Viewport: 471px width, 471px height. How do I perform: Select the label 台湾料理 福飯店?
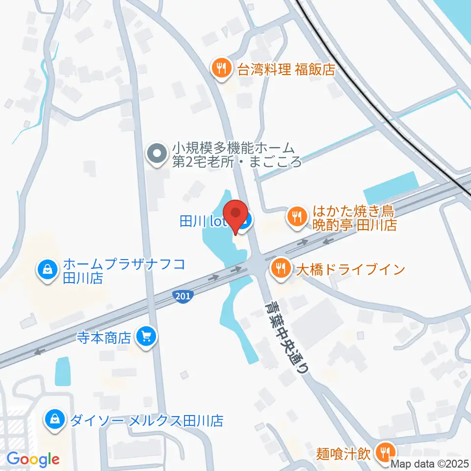point(286,70)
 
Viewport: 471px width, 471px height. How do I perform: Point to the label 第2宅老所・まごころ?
point(236,162)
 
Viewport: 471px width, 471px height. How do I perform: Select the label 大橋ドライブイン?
point(349,269)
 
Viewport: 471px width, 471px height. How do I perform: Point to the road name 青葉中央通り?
point(287,338)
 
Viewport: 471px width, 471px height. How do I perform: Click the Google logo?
point(33,460)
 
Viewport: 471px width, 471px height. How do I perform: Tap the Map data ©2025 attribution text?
point(430,463)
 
